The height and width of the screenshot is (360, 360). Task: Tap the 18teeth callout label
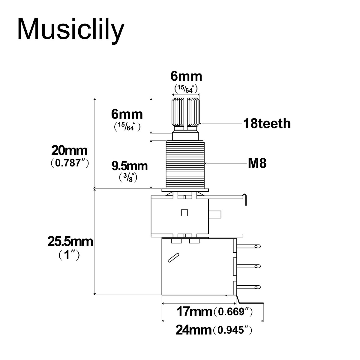pyautogui.click(x=267, y=123)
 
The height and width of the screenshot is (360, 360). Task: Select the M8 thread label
pyautogui.click(x=257, y=163)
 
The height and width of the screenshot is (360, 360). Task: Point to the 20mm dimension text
pyautogui.click(x=69, y=150)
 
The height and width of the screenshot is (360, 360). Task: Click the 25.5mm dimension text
pyautogui.click(x=70, y=242)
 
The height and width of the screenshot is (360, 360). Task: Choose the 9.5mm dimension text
pyautogui.click(x=129, y=166)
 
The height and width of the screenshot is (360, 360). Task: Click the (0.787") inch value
pyautogui.click(x=69, y=163)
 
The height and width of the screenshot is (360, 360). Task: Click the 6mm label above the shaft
pyautogui.click(x=186, y=76)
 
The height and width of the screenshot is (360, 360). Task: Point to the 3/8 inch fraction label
pyautogui.click(x=128, y=178)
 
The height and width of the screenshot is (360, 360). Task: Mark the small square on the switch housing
pyautogui.click(x=184, y=213)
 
